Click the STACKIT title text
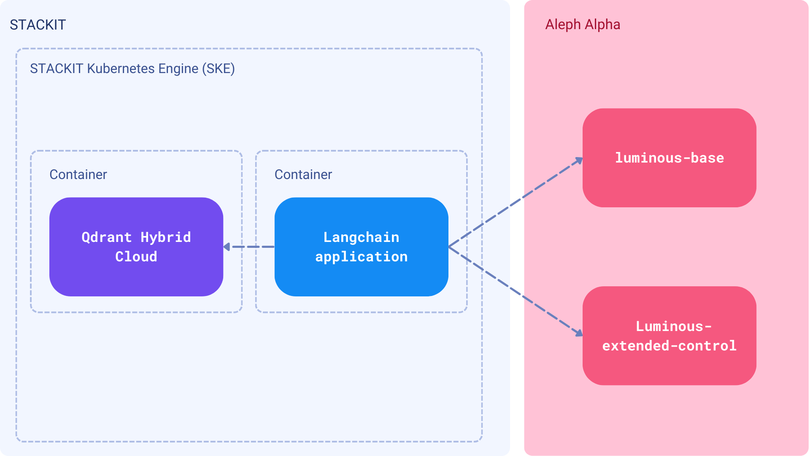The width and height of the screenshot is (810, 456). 38,25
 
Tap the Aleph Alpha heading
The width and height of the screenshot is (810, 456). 582,24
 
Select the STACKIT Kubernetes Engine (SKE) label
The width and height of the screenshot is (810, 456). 132,68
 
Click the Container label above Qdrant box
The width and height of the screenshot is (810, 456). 78,174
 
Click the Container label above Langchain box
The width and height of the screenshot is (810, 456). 303,174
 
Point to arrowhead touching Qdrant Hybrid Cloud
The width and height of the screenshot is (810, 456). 227,247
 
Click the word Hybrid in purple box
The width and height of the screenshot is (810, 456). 165,237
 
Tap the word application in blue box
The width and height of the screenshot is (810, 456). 361,257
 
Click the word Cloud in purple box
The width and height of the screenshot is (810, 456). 136,257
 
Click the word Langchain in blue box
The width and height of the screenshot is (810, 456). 361,237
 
